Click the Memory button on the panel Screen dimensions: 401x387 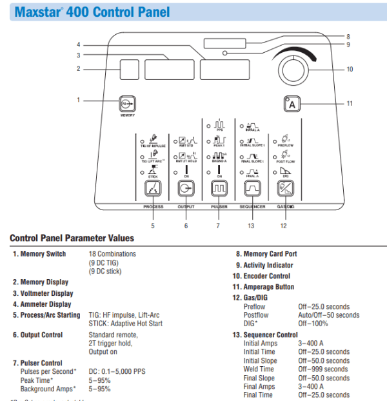[126, 103]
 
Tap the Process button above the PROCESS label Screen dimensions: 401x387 [153, 189]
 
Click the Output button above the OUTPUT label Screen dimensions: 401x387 [186, 189]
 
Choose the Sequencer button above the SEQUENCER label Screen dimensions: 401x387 [252, 189]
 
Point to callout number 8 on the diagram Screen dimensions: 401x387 [348, 37]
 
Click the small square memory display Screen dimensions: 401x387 [129, 69]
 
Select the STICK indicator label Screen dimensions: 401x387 [153, 175]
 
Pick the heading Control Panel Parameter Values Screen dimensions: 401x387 [72, 239]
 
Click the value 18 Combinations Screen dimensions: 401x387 [112, 254]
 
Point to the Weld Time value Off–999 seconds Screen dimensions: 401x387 [322, 369]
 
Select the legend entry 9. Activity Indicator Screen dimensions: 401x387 [264, 265]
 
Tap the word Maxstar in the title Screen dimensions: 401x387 [38, 12]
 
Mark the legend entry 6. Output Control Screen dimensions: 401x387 [39, 335]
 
